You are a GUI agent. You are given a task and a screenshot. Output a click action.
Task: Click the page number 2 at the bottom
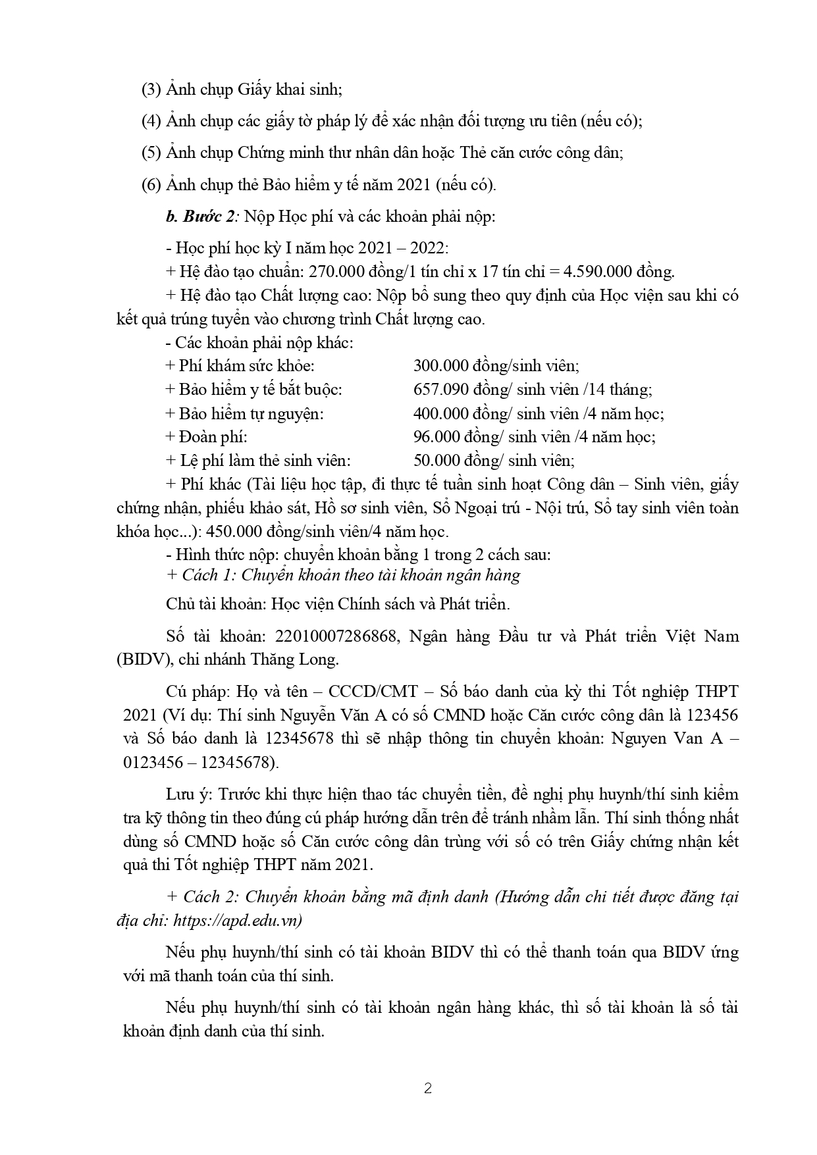[428, 1089]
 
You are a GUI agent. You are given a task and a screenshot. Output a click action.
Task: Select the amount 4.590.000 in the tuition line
[591, 271]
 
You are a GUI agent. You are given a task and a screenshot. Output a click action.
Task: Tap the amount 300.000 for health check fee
[440, 366]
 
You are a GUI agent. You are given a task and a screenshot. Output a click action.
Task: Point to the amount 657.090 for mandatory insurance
[440, 390]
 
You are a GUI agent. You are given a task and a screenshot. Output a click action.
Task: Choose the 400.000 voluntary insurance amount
[440, 413]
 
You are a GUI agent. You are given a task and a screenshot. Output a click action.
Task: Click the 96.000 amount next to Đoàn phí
[436, 437]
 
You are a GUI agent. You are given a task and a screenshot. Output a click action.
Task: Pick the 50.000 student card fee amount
[436, 461]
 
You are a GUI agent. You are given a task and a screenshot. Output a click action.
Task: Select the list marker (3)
[151, 90]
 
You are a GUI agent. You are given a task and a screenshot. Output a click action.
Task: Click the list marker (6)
[151, 185]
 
